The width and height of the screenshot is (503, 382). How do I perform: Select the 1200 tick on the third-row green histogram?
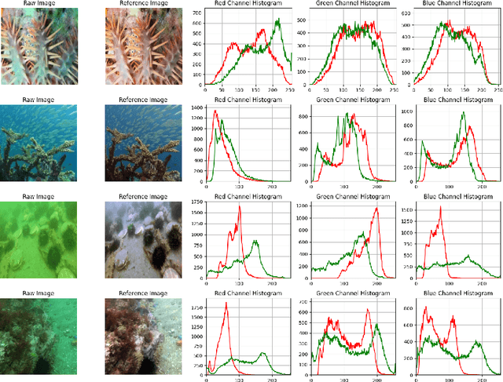pos(303,206)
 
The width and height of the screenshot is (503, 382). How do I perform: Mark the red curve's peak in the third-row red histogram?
pos(239,206)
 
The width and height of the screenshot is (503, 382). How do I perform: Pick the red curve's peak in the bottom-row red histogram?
pos(226,304)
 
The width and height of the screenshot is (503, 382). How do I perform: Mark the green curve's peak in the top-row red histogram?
pos(277,20)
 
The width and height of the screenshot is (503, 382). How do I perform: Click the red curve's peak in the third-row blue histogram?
pos(442,207)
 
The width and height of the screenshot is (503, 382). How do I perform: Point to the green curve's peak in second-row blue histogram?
pos(464,112)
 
